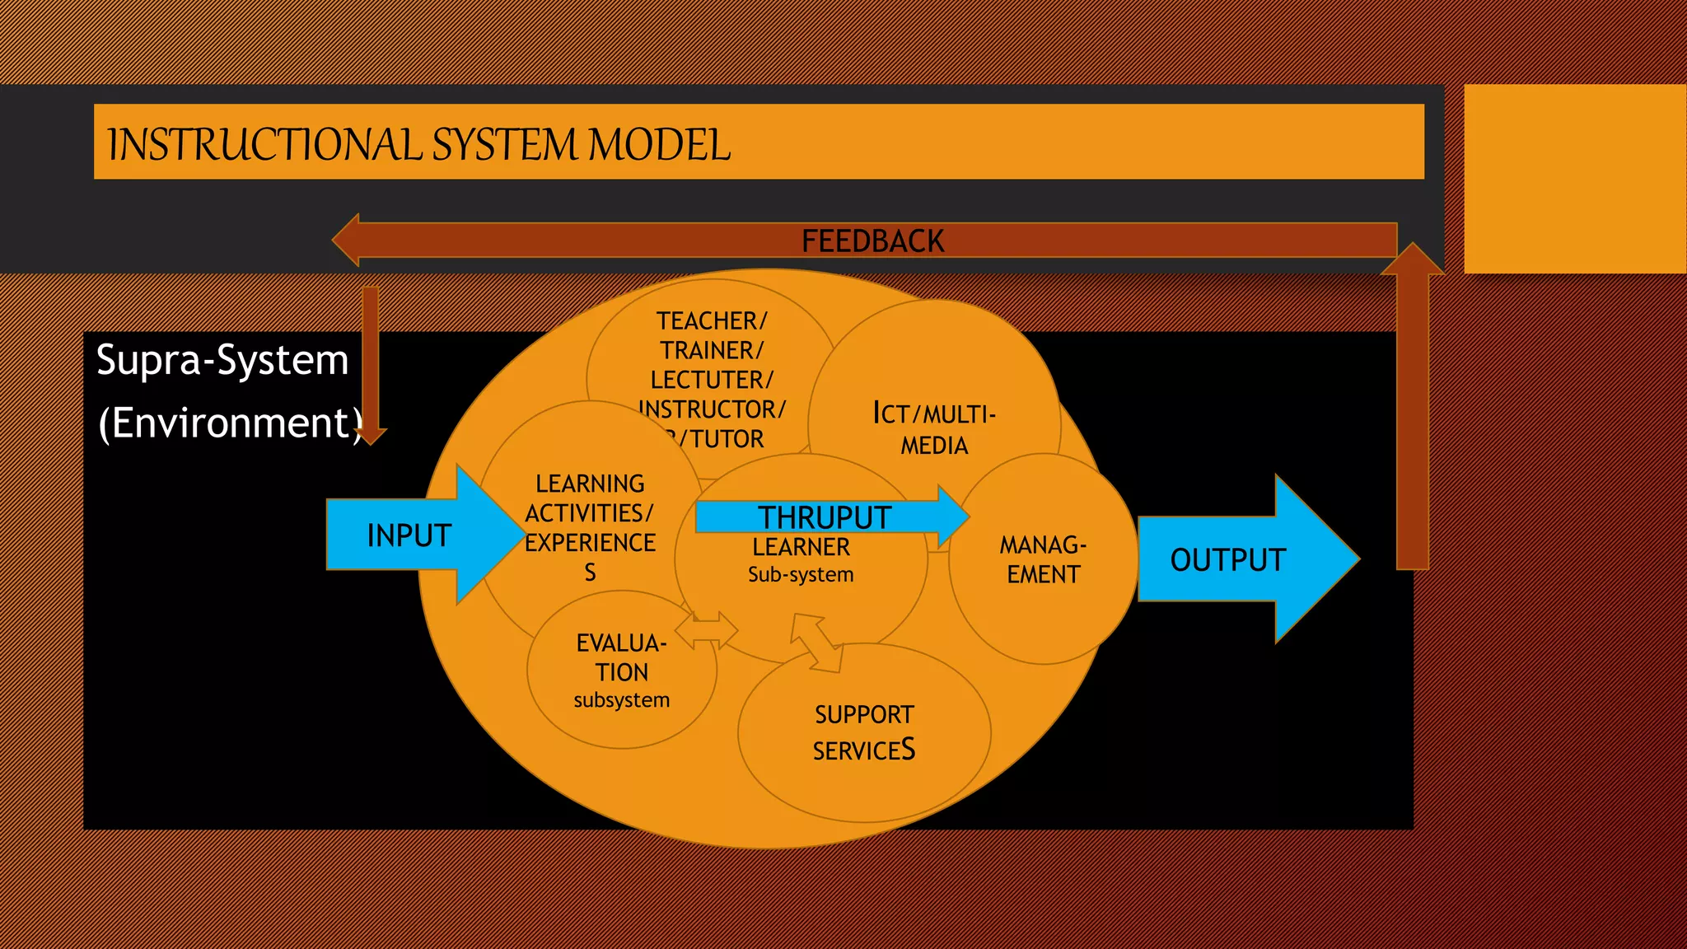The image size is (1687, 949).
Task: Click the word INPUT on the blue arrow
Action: [409, 535]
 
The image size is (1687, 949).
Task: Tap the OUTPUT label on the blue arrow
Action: [1227, 560]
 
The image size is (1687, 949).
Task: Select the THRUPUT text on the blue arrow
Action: [824, 517]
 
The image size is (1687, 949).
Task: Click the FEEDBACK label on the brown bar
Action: [872, 241]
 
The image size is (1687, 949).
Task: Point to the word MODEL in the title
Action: [659, 145]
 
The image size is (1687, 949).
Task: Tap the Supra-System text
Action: [222, 360]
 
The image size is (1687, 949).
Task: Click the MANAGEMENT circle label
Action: [1043, 559]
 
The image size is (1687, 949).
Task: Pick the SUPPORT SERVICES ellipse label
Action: [864, 732]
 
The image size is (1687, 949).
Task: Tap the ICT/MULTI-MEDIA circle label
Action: [934, 429]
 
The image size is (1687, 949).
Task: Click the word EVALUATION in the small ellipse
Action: [622, 657]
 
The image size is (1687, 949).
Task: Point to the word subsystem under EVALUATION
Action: [622, 700]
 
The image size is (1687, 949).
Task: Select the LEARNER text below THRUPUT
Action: [801, 547]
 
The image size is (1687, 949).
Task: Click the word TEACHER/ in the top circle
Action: [712, 320]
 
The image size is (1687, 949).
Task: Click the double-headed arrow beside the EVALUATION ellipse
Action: [707, 631]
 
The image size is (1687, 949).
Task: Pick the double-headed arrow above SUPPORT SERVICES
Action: [817, 642]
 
